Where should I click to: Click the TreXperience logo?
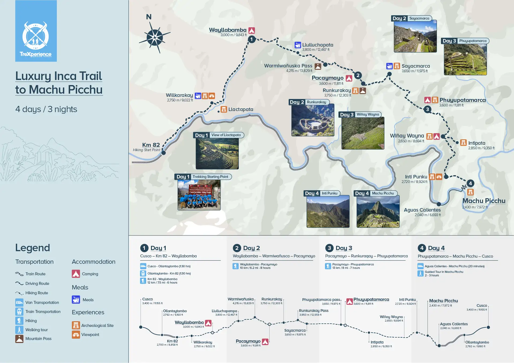(x=36, y=31)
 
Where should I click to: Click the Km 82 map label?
(x=151, y=145)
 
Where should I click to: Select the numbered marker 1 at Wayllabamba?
(x=251, y=39)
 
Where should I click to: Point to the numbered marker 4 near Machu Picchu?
(x=470, y=183)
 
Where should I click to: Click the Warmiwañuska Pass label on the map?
(x=288, y=66)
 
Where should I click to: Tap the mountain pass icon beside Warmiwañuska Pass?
(x=318, y=66)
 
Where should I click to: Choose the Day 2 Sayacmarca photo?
(x=415, y=36)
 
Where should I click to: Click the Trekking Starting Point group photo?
(x=199, y=195)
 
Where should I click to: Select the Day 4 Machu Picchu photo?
(x=378, y=211)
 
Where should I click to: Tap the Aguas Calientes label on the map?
(x=422, y=210)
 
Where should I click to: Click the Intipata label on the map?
(x=477, y=143)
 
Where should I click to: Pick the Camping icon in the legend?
(x=76, y=274)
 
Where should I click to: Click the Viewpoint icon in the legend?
(x=76, y=335)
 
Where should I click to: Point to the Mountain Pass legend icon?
(x=19, y=339)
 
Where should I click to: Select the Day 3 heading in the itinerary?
(x=344, y=248)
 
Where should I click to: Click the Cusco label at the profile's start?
(x=148, y=299)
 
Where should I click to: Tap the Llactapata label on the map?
(x=241, y=109)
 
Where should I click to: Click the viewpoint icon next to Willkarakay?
(x=212, y=96)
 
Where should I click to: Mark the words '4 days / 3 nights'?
(x=46, y=109)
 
